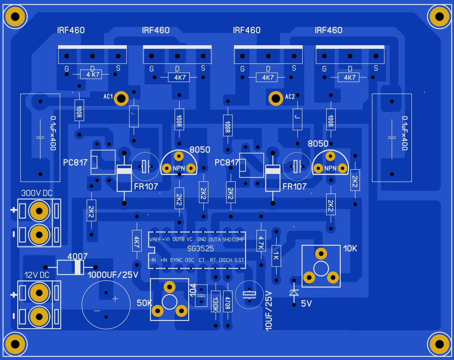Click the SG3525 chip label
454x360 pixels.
pyautogui.click(x=200, y=249)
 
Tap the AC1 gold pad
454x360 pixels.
pyautogui.click(x=121, y=98)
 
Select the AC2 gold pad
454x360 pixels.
pyautogui.click(x=276, y=98)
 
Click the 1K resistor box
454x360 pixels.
pyautogui.click(x=276, y=256)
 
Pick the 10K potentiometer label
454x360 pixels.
pyautogui.click(x=350, y=249)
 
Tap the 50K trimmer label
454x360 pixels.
pyautogui.click(x=144, y=303)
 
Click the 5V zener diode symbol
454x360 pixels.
pyautogui.click(x=294, y=292)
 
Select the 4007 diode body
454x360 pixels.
pyautogui.click(x=71, y=267)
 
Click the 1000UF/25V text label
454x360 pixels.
pyautogui.click(x=113, y=275)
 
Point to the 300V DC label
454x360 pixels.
pyautogui.click(x=37, y=193)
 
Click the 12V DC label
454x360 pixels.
pyautogui.click(x=37, y=275)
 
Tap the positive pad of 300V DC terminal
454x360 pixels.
pyautogui.click(x=39, y=211)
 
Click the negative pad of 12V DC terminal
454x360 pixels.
pyautogui.click(x=39, y=317)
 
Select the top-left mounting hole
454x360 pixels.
pyautogui.click(x=15, y=16)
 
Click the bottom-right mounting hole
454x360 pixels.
pyautogui.click(x=439, y=344)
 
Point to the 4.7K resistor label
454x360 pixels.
pyautogui.click(x=261, y=243)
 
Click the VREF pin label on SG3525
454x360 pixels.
pyautogui.click(x=155, y=240)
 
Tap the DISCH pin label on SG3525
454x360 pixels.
pyautogui.click(x=225, y=260)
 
